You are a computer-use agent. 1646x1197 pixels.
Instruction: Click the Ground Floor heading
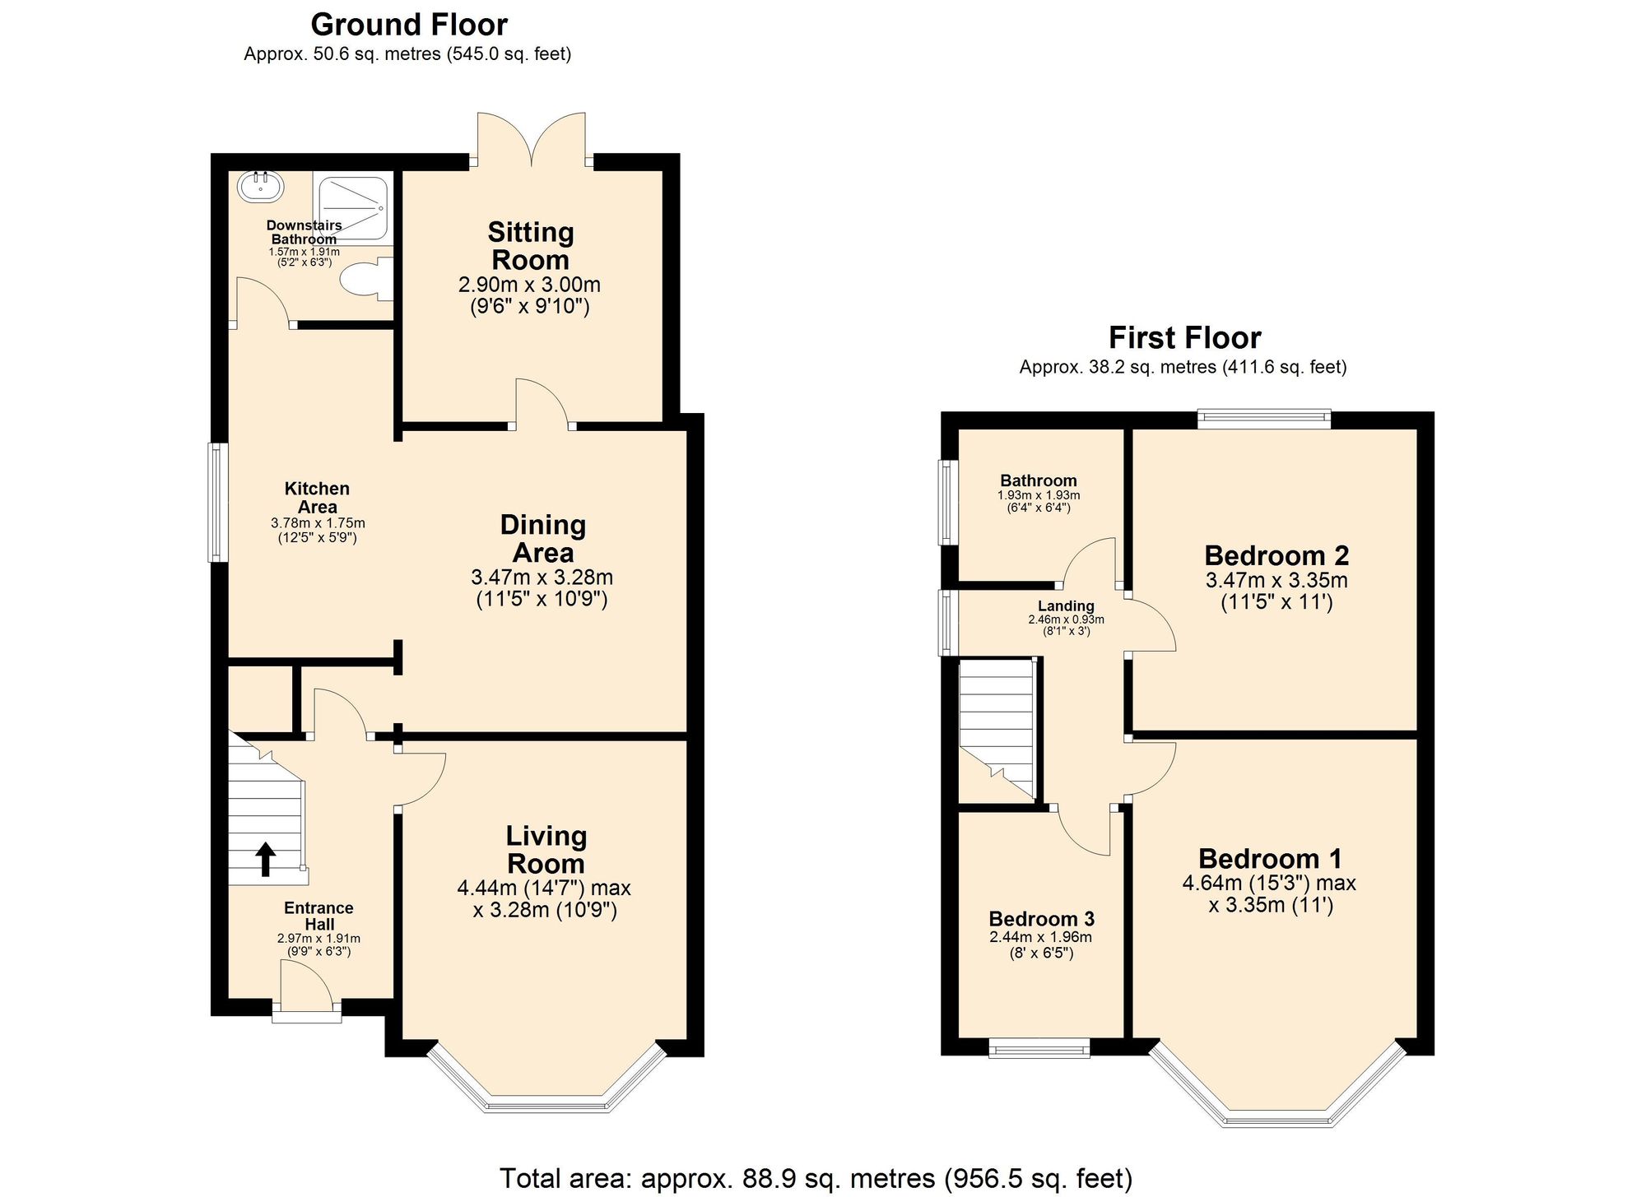[408, 25]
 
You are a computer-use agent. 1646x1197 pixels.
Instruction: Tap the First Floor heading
[1183, 338]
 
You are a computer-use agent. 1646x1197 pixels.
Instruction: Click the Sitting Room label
[530, 246]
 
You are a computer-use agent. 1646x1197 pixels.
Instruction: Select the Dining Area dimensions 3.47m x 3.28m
[542, 578]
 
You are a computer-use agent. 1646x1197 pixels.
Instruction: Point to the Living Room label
[546, 850]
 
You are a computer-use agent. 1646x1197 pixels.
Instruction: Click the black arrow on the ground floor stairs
[265, 859]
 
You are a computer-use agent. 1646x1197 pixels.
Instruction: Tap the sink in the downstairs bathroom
[261, 186]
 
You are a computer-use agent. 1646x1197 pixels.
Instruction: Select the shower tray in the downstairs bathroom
[352, 209]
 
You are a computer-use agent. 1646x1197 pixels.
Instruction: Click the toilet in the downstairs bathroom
[363, 280]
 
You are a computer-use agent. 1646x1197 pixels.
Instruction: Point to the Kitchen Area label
[317, 498]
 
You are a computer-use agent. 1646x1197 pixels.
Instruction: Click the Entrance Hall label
[319, 916]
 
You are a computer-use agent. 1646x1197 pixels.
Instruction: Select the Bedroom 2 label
[1276, 556]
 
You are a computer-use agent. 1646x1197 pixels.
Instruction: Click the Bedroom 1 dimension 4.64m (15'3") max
[1268, 884]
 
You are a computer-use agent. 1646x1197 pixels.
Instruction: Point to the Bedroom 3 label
[1041, 919]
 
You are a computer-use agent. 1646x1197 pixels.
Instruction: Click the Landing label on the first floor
[1066, 606]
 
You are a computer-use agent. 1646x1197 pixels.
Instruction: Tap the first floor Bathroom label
[1038, 480]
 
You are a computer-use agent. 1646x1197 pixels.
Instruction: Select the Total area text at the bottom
[815, 1178]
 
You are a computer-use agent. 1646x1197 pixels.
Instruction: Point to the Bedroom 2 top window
[1263, 420]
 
